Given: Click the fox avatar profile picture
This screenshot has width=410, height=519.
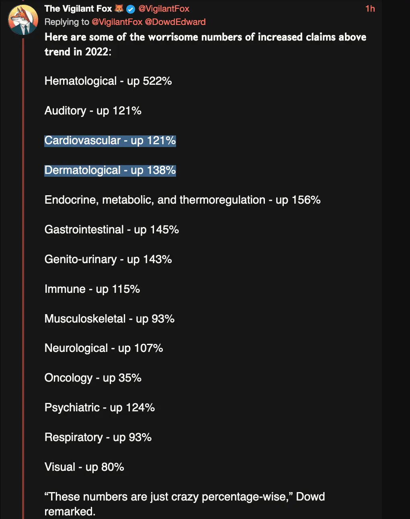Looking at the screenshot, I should (23, 20).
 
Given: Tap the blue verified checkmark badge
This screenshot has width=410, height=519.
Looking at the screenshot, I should (131, 9).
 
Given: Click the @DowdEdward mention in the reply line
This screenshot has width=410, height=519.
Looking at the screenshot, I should (175, 22).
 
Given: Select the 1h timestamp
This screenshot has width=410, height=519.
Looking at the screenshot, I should (370, 9).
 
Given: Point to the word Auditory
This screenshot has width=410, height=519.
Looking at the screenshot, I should (66, 110).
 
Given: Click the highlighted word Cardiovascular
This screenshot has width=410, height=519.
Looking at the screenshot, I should (82, 140).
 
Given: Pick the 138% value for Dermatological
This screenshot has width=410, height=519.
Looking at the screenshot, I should (162, 170).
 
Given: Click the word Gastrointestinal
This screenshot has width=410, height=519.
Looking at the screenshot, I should (84, 229).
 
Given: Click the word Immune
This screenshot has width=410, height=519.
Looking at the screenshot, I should (65, 289).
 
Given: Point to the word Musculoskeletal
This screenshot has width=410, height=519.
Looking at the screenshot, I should (85, 319).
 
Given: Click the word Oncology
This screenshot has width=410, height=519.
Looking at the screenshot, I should (69, 378).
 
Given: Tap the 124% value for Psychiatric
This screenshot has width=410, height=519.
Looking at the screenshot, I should (140, 407).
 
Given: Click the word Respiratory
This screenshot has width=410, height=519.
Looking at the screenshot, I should (74, 437).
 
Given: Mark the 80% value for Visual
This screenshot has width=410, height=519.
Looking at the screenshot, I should (113, 467).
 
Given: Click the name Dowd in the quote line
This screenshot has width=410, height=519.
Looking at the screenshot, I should (310, 497).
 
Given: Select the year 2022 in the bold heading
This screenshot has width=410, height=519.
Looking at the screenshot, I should (96, 52).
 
